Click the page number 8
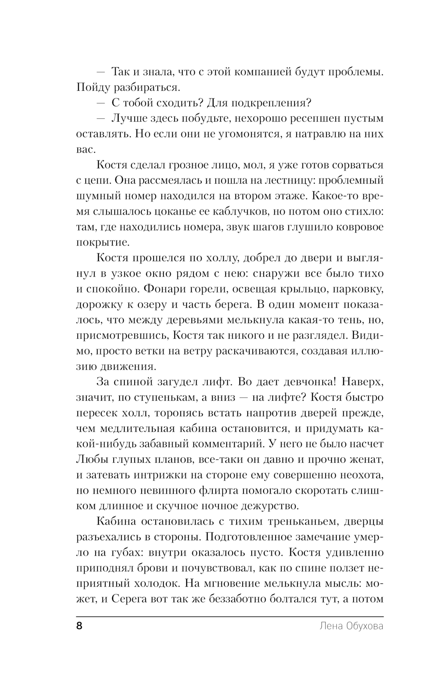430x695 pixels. pyautogui.click(x=79, y=626)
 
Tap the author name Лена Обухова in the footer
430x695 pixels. pyautogui.click(x=351, y=626)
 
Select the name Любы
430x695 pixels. pyautogui.click(x=92, y=459)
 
